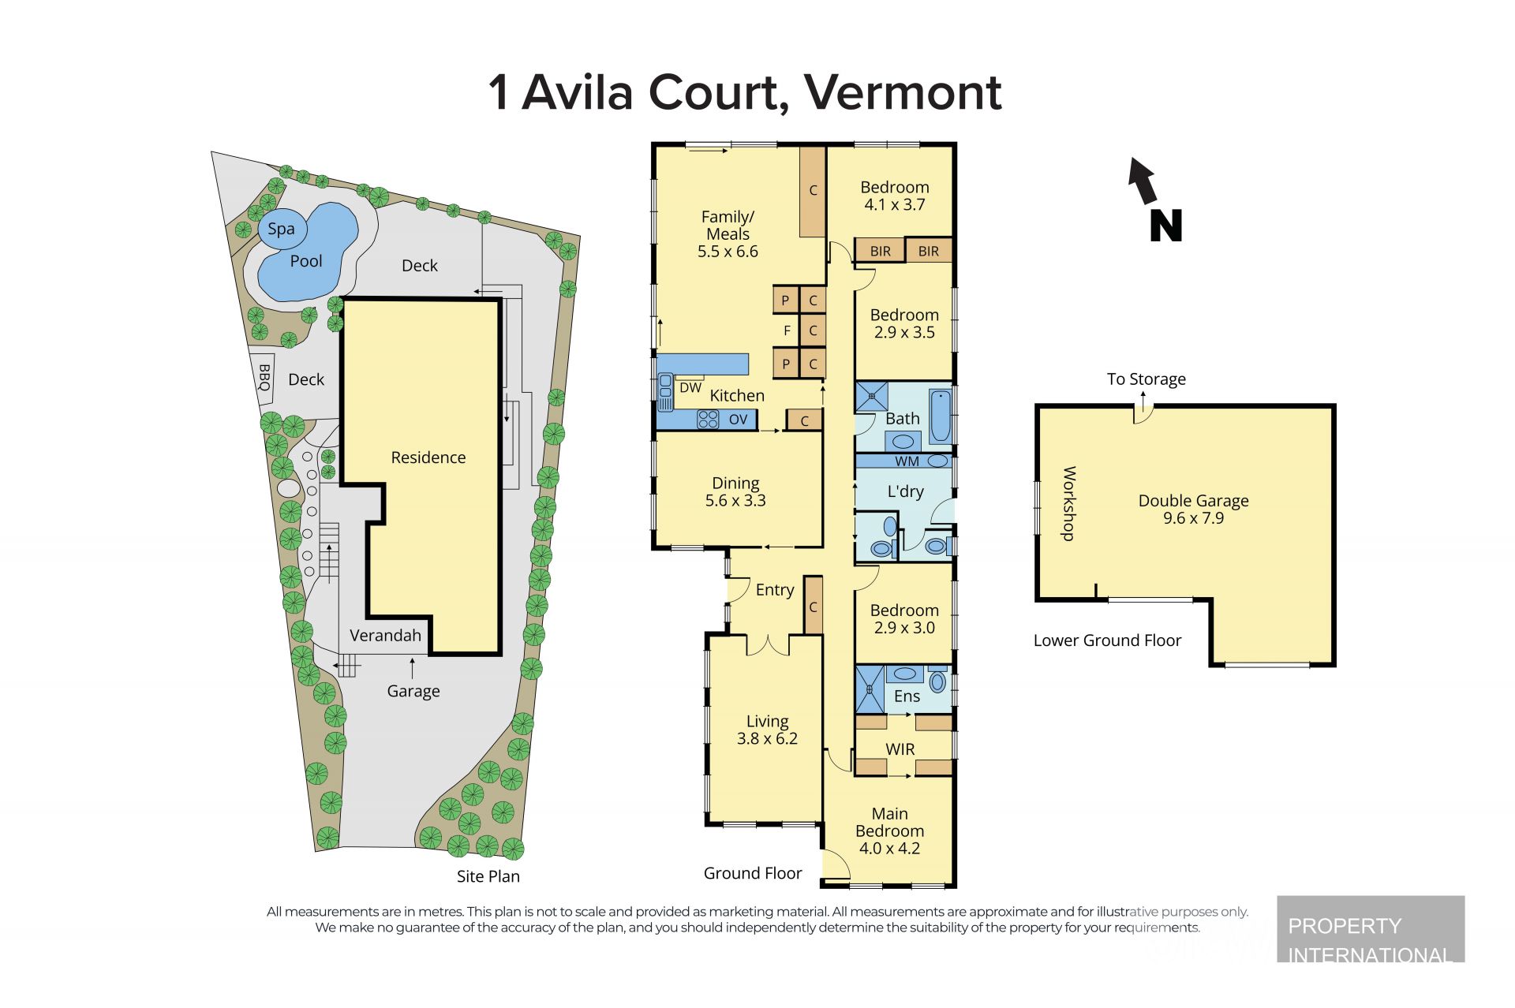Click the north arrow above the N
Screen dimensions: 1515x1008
(1143, 181)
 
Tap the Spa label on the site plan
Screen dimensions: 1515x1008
(281, 229)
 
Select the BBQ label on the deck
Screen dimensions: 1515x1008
(264, 377)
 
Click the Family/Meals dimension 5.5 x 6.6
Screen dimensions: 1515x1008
(728, 252)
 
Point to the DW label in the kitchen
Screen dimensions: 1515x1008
(690, 387)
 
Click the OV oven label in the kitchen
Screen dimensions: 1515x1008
(738, 420)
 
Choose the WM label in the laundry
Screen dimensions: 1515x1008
(907, 461)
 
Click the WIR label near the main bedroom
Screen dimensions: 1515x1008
(900, 749)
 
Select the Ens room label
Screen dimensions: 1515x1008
(907, 696)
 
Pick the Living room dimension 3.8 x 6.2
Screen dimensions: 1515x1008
(767, 739)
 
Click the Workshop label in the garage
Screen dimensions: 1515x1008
(1068, 504)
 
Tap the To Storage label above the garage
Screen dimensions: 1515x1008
(1146, 379)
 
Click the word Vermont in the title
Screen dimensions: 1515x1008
(903, 92)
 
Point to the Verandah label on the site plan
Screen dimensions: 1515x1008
(385, 636)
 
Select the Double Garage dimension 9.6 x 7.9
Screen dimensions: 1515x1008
(1193, 518)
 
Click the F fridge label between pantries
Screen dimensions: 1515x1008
(787, 331)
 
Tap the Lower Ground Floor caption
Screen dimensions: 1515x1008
(1107, 640)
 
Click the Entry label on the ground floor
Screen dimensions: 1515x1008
(775, 590)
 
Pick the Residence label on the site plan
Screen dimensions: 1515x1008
(428, 457)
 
